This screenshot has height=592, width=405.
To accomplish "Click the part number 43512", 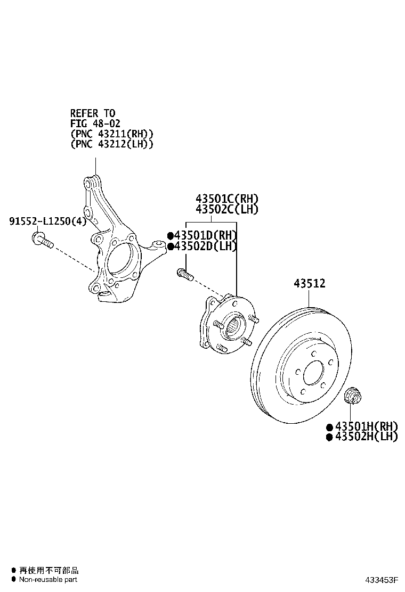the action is (x=310, y=283).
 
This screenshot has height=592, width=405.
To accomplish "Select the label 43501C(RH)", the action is (x=226, y=199).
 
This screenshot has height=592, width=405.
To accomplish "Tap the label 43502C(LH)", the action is (x=226, y=209).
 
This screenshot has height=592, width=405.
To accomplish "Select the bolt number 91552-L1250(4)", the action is (x=48, y=221).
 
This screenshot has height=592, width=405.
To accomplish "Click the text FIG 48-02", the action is (x=95, y=124).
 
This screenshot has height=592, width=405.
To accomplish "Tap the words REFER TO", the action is (x=93, y=113).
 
